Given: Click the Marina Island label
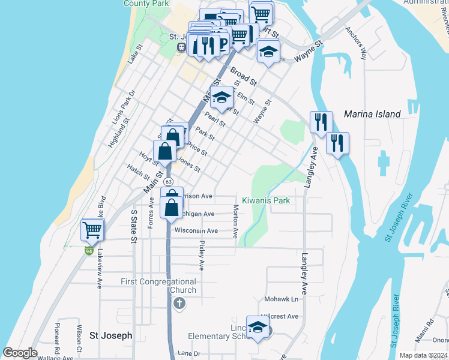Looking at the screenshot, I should (372, 114).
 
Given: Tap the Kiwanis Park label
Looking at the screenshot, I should (266, 200).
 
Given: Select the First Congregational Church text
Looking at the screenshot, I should (158, 286).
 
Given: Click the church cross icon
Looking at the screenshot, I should (178, 304).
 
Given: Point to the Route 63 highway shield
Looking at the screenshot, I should (169, 181).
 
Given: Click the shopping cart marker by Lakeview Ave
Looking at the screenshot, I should (92, 230).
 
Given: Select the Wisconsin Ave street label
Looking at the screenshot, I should (196, 230).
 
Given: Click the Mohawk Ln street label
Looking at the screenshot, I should (281, 299).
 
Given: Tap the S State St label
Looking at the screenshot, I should (134, 227).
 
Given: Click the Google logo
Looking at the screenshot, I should (20, 353).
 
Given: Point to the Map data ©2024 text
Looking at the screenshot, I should (423, 355).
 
